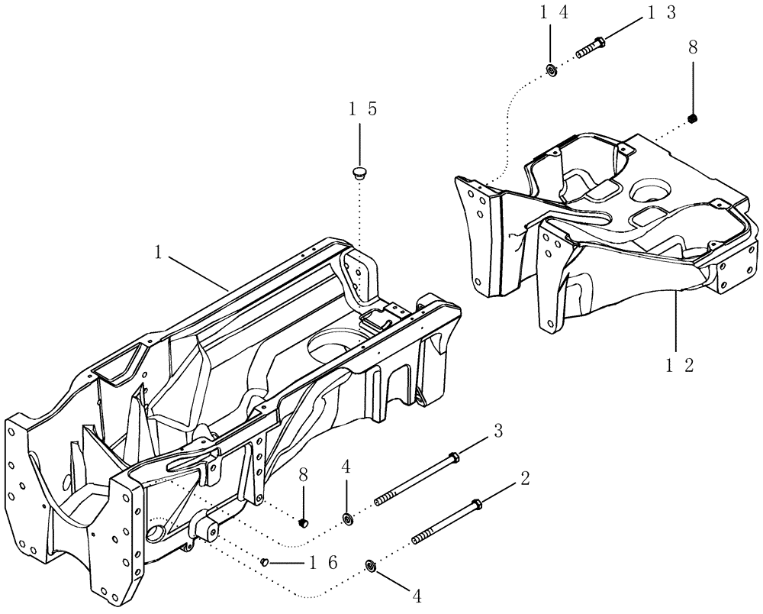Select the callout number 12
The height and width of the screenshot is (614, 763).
[680, 365]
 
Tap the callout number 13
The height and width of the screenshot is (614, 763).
[662, 14]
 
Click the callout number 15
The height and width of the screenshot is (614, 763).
[362, 109]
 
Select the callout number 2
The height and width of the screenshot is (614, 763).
[525, 479]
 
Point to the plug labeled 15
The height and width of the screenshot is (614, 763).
[359, 172]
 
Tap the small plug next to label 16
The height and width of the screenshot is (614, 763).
[265, 562]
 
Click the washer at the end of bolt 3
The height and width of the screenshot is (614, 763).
[347, 519]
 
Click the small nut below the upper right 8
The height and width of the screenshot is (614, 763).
[693, 118]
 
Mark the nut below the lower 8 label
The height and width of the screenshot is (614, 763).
[303, 522]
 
